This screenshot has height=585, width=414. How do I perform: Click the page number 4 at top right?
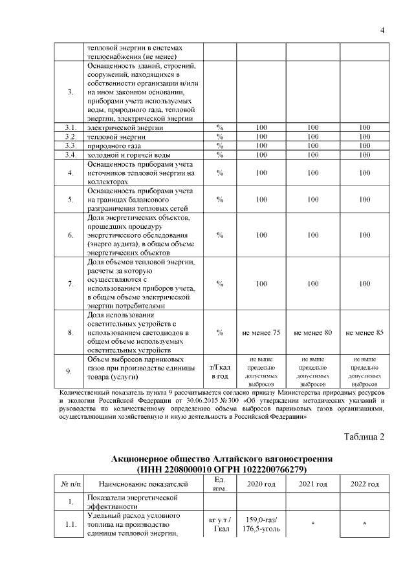click(382, 30)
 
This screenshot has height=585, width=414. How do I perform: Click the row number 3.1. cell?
click(70, 127)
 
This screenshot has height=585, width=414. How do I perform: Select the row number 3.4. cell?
click(70, 154)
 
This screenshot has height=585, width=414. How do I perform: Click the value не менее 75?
click(261, 332)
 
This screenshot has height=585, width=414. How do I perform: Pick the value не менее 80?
click(313, 332)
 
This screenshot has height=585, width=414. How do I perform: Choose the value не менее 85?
click(365, 332)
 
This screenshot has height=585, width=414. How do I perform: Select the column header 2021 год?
click(313, 484)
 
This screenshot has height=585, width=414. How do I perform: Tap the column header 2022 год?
click(365, 484)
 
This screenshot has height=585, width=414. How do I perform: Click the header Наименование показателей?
click(143, 484)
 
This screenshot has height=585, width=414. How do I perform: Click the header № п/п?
click(70, 484)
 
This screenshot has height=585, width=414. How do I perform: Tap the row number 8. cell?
click(70, 332)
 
